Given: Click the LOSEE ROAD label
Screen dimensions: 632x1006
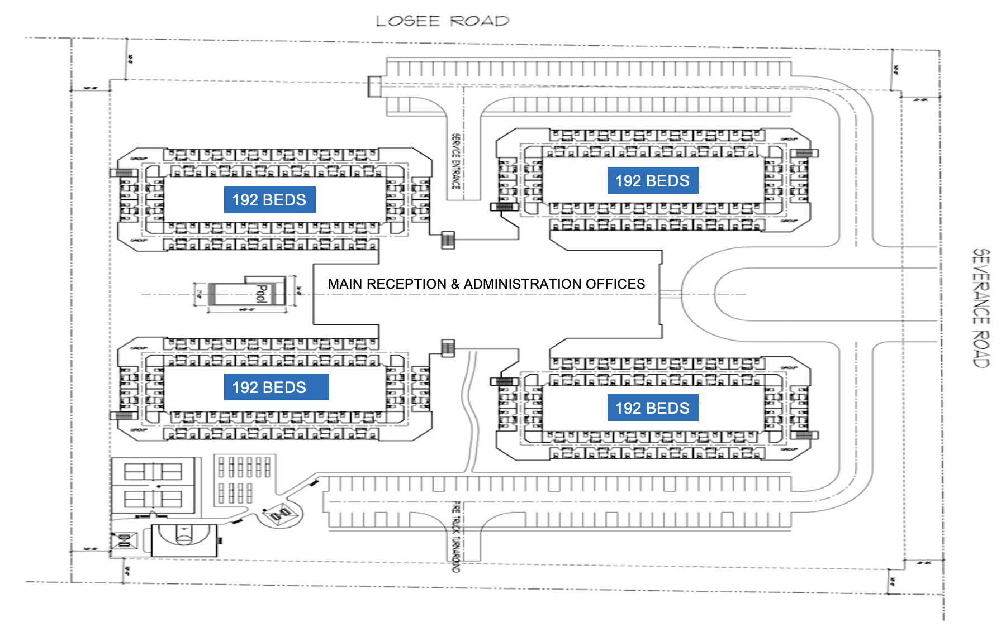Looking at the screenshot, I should pyautogui.click(x=442, y=21).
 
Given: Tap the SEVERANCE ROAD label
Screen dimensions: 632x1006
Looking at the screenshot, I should pyautogui.click(x=981, y=308).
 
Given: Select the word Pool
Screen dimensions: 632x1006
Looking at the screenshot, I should pyautogui.click(x=260, y=293).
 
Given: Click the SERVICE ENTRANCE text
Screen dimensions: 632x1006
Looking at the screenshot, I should pyautogui.click(x=455, y=161).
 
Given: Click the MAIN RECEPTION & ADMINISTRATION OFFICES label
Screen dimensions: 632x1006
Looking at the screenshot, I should pyautogui.click(x=486, y=284).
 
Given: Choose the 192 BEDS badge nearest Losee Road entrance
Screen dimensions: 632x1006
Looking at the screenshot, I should pyautogui.click(x=653, y=181).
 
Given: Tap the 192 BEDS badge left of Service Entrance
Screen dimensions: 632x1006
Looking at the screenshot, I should pyautogui.click(x=269, y=200).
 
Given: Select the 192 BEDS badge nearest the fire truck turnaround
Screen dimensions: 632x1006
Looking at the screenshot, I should pyautogui.click(x=653, y=408).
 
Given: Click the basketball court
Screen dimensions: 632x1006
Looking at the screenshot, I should pyautogui.click(x=184, y=539).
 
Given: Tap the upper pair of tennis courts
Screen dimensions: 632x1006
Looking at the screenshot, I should pyautogui.click(x=153, y=472).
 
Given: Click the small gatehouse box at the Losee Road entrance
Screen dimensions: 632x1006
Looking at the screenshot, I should pyautogui.click(x=374, y=87).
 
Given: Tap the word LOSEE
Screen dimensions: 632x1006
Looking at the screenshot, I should pyautogui.click(x=408, y=21).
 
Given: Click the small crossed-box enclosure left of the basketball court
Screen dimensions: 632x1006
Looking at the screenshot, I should pyautogui.click(x=125, y=540).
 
